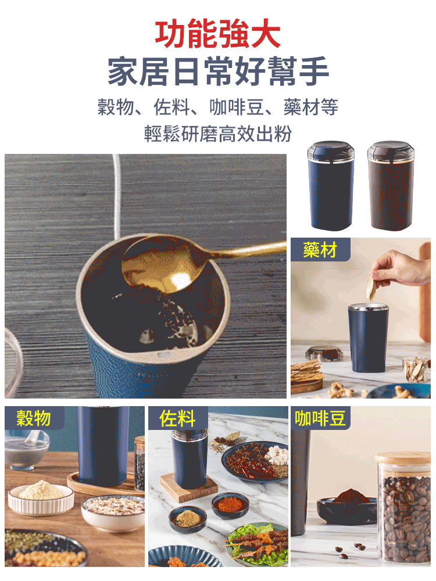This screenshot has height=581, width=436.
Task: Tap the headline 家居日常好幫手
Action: click(x=218, y=71)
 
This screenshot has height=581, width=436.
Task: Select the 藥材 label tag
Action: click(x=320, y=249)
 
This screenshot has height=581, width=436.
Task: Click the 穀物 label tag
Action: click(x=34, y=418)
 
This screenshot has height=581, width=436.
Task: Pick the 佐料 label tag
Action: click(x=178, y=418)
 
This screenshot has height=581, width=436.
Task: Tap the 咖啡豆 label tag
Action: click(x=320, y=418)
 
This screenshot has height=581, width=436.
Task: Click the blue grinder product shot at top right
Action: click(x=331, y=185)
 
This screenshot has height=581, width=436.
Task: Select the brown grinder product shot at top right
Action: click(x=391, y=185)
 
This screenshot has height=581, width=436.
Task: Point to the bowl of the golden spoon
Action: click(x=163, y=263)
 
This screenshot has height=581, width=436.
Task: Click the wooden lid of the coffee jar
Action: click(x=403, y=459)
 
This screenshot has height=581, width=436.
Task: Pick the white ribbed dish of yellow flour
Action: click(x=41, y=498)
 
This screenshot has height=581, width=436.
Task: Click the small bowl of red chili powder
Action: click(x=230, y=505)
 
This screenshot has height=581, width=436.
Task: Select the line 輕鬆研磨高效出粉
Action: click(x=218, y=134)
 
